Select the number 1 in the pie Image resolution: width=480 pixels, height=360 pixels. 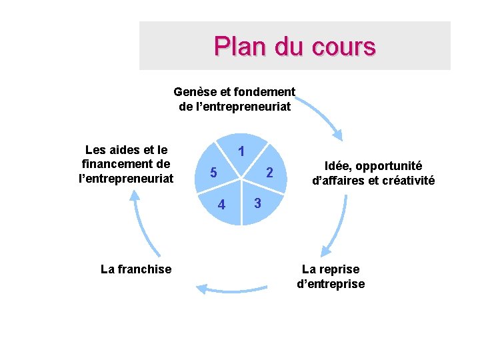pos(242,152)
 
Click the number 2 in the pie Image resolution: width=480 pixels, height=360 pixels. pos(269,173)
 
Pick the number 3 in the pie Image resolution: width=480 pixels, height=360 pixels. pos(256,202)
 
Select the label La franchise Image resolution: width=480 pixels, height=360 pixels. pos(135,269)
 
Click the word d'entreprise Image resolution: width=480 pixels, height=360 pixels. pos(331,284)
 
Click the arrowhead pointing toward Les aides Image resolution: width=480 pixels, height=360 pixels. pos(135,194)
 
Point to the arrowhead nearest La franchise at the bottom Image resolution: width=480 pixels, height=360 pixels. pos(200,288)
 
